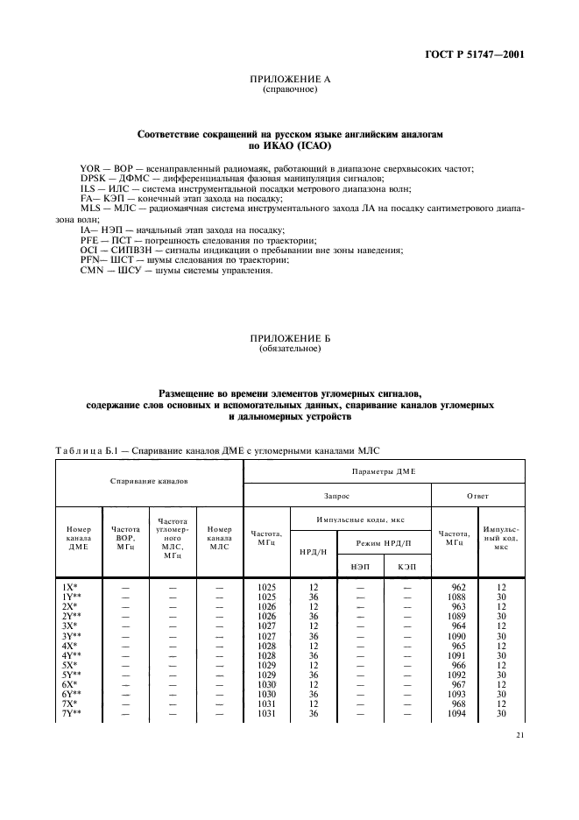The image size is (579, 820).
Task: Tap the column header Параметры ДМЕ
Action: [384, 470]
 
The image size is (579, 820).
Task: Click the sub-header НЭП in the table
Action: [360, 567]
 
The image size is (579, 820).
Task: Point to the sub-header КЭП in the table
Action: [406, 567]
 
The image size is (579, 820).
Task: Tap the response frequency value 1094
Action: [457, 714]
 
